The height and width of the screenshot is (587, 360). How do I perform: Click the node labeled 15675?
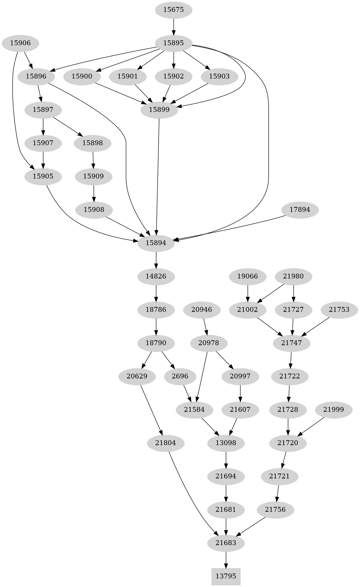click(x=173, y=10)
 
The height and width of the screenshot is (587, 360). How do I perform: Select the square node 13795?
click(x=226, y=576)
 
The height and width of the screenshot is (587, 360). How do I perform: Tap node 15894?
click(x=156, y=243)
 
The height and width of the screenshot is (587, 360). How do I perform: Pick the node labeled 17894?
click(x=300, y=210)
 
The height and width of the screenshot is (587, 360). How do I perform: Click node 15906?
click(x=20, y=43)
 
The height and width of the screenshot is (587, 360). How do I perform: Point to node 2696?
click(x=180, y=376)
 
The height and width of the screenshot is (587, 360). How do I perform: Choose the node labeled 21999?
click(x=333, y=410)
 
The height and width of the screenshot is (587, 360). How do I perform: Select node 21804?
click(x=166, y=443)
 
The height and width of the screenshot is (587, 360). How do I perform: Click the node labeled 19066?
click(x=248, y=276)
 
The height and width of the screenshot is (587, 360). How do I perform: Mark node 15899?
click(x=159, y=110)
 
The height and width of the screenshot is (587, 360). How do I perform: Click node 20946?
click(x=201, y=309)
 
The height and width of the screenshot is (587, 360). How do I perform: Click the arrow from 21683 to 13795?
click(x=226, y=560)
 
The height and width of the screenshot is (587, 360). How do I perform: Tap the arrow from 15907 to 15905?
click(x=43, y=160)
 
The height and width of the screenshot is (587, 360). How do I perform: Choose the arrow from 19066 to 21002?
click(x=248, y=293)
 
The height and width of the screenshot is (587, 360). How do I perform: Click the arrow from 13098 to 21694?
click(x=226, y=460)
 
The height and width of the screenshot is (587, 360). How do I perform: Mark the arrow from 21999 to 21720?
click(x=311, y=426)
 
